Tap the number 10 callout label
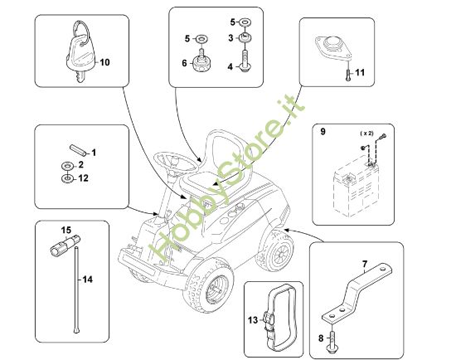click(x=104, y=62)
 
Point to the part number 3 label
click(x=231, y=37)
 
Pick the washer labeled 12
click(x=65, y=178)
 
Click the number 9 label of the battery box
click(x=323, y=131)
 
